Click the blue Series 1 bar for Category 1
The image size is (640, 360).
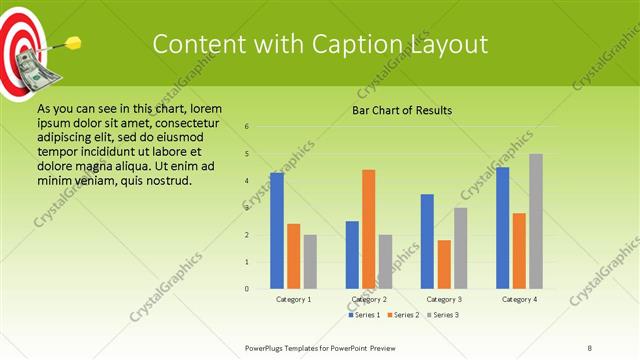tap(277, 231)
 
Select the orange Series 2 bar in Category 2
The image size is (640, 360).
tap(369, 229)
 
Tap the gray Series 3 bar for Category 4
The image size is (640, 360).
tap(536, 221)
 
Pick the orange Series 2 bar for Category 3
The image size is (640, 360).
tap(444, 264)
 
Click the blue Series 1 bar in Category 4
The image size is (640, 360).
tap(503, 228)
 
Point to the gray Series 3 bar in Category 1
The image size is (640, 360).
tap(310, 262)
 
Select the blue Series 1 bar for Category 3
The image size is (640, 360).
tap(427, 241)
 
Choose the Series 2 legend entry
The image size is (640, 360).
tap(402, 315)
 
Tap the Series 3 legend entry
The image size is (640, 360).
tap(441, 315)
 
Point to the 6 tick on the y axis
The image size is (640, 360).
tap(247, 127)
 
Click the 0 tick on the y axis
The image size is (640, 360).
tap(247, 289)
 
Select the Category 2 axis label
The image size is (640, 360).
tap(369, 299)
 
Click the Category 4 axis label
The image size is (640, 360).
tap(519, 299)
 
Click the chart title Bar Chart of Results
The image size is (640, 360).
tap(401, 110)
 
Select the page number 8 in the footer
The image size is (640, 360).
tap(590, 346)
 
